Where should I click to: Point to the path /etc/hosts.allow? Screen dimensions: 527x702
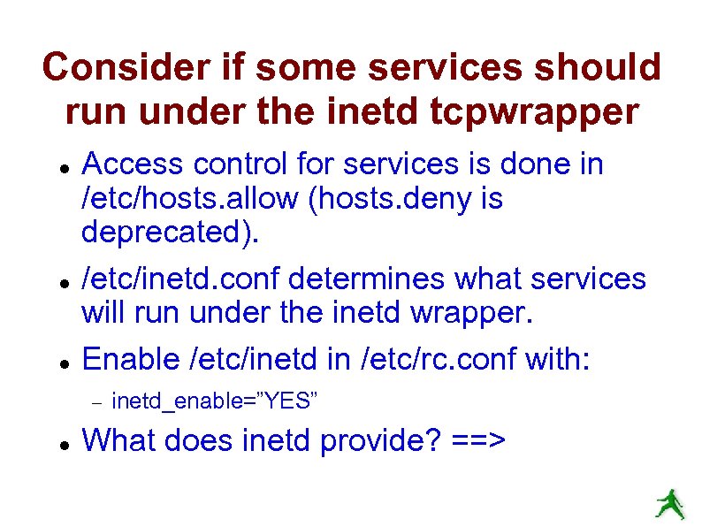point(190,199)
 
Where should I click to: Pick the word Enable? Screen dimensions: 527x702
point(132,358)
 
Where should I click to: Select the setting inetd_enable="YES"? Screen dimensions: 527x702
point(215,402)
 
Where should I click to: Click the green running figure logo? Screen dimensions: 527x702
point(668,503)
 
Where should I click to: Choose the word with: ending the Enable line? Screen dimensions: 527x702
point(557,358)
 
